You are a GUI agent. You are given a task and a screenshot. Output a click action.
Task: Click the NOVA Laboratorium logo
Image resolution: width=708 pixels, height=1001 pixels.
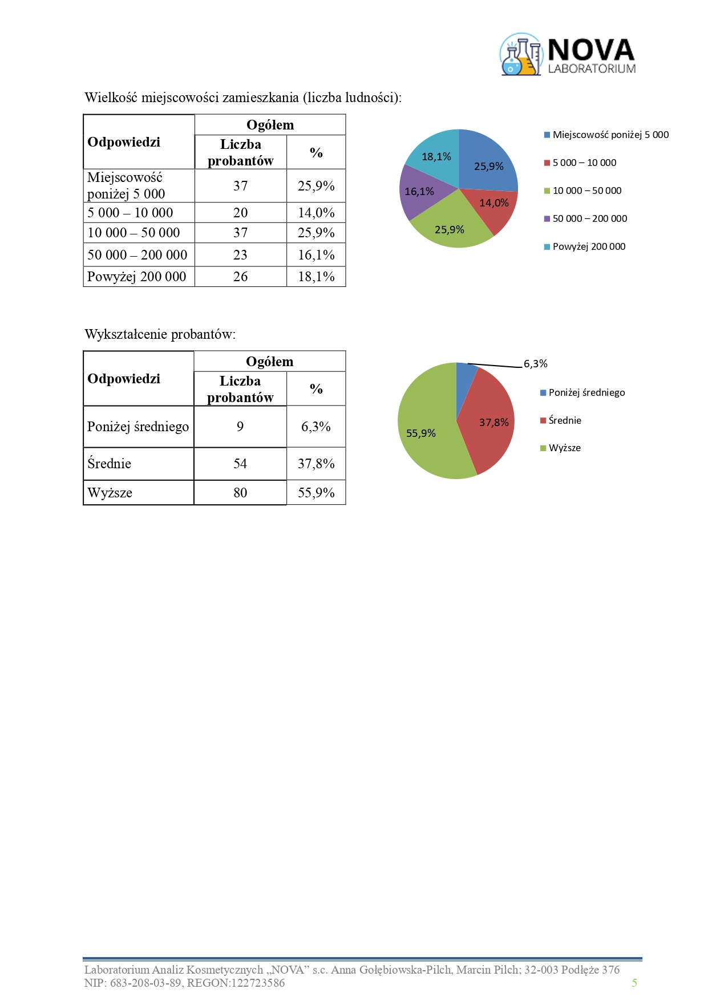(x=568, y=55)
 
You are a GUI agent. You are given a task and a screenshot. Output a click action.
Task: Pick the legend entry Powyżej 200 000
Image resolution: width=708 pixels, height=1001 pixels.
(x=588, y=246)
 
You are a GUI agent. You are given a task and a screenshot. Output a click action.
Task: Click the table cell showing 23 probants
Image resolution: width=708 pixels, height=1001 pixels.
(x=240, y=255)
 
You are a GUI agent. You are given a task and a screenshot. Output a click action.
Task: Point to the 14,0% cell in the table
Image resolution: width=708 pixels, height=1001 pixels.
(x=316, y=213)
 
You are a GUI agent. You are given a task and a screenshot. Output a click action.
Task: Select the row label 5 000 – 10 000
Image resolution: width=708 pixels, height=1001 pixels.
(x=130, y=213)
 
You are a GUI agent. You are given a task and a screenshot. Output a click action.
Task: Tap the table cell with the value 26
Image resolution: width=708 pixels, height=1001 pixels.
(x=240, y=277)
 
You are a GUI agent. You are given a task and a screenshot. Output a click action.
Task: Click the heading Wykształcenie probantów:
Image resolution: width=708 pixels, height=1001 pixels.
(x=160, y=334)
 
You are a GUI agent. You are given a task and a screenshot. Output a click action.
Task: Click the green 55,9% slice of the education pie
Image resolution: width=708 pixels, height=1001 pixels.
(x=425, y=436)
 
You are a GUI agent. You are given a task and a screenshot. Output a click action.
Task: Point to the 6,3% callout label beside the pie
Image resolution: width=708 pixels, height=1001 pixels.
(x=535, y=364)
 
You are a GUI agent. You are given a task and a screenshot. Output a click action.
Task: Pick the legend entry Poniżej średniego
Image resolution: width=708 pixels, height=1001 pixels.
(x=586, y=392)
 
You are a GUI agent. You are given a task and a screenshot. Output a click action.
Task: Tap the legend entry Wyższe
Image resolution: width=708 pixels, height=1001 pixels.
(x=564, y=448)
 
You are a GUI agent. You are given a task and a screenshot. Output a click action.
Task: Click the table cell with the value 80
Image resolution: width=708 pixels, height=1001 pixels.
(x=240, y=493)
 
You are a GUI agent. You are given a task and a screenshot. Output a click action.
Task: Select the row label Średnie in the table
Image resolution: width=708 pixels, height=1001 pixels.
(x=110, y=464)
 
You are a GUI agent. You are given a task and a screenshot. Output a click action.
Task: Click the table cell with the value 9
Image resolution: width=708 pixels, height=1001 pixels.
(x=240, y=427)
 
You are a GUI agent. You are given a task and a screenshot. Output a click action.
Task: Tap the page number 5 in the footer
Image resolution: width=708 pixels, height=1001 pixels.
(x=634, y=983)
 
